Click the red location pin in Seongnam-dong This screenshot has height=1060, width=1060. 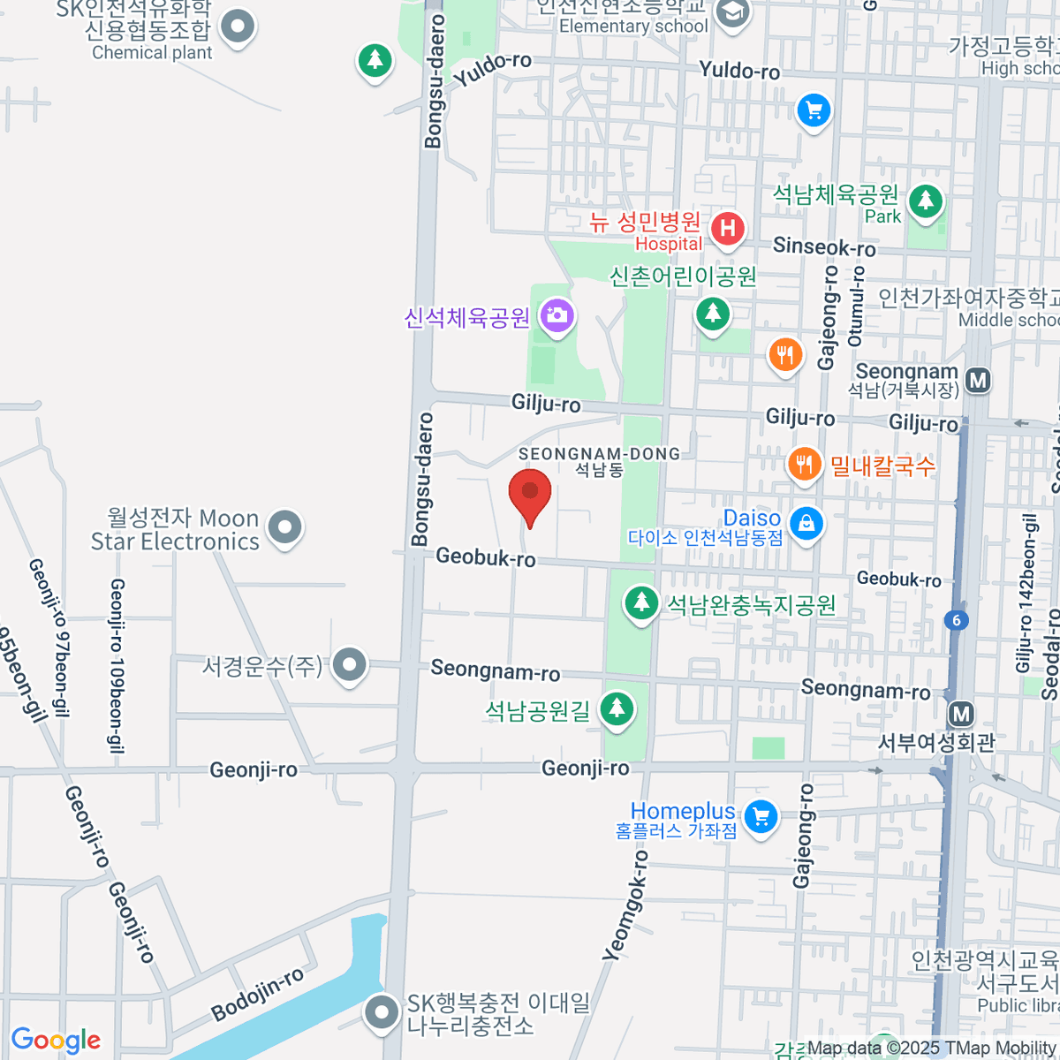pyautogui.click(x=530, y=495)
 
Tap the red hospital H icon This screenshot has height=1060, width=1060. pyautogui.click(x=727, y=229)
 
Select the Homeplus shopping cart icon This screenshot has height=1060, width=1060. pyautogui.click(x=761, y=816)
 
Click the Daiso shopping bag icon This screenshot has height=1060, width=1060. pyautogui.click(x=806, y=523)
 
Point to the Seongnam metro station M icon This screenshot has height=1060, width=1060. pyautogui.click(x=978, y=381)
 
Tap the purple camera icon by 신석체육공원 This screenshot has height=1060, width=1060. pyautogui.click(x=556, y=314)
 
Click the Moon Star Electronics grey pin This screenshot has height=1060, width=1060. pyautogui.click(x=284, y=527)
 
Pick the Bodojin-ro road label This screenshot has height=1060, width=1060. pyautogui.click(x=257, y=994)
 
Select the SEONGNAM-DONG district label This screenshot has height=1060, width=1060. pyautogui.click(x=599, y=454)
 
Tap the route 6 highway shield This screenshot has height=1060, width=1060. pyautogui.click(x=956, y=620)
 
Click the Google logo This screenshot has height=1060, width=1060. pyautogui.click(x=56, y=1041)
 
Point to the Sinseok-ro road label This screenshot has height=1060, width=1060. pyautogui.click(x=824, y=246)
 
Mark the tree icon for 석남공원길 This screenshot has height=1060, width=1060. pyautogui.click(x=617, y=708)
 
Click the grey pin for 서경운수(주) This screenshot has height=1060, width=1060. pyautogui.click(x=350, y=665)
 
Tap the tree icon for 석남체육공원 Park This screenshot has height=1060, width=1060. pyautogui.click(x=926, y=201)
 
